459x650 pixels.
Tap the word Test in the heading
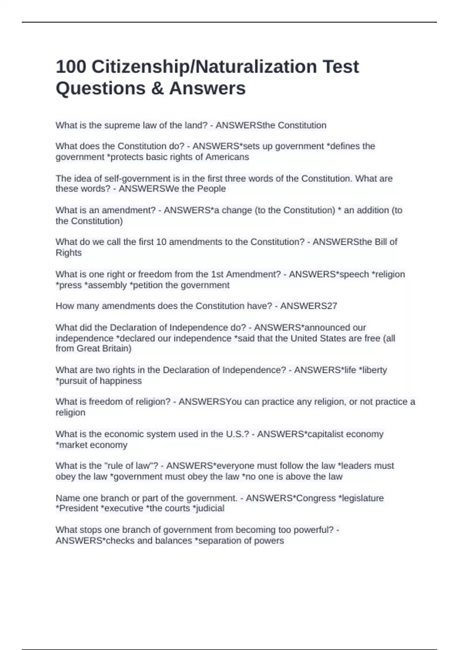tap(340, 67)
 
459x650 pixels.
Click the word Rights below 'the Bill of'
tap(69, 253)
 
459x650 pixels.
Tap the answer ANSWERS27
tap(308, 306)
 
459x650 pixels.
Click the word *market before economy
tap(72, 445)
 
